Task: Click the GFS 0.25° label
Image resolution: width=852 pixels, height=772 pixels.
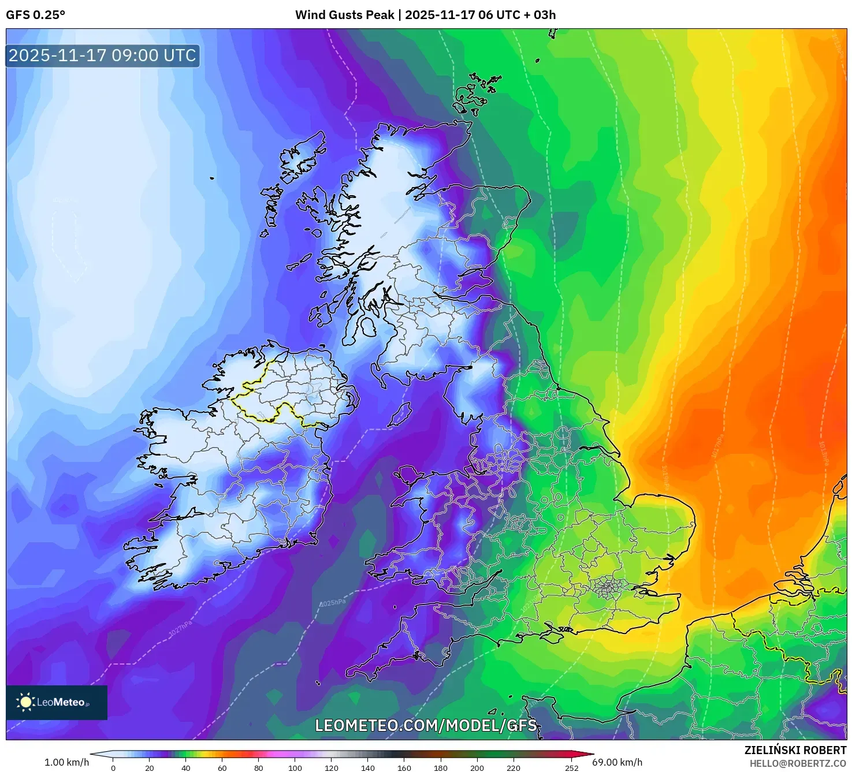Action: point(35,15)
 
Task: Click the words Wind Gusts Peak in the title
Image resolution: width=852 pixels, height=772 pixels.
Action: point(345,15)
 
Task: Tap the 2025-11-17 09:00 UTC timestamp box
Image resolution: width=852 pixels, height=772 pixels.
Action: point(103,56)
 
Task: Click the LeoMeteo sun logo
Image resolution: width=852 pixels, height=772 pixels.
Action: point(25,702)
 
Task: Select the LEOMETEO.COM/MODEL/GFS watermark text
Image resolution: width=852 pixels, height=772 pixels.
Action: point(426,725)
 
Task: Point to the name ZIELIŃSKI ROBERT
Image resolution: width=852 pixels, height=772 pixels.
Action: point(795,750)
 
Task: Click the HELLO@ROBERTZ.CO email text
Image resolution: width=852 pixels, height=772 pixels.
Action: point(798,763)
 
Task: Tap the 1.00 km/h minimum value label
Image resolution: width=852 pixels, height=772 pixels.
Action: point(66,762)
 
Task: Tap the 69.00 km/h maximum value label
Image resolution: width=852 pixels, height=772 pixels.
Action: point(617,762)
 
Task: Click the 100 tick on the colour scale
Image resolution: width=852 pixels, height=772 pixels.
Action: point(295,768)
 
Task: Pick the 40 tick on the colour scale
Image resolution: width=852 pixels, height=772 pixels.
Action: point(186,768)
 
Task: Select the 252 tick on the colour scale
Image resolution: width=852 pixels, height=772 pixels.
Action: point(571,768)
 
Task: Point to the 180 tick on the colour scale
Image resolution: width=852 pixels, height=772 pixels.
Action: point(441,768)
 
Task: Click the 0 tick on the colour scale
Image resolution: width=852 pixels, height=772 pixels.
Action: point(113,768)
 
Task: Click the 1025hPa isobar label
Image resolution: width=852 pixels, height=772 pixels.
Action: point(333,603)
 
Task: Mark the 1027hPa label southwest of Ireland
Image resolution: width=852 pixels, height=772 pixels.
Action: point(180,629)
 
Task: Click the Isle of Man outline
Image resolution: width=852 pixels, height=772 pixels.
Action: point(400,415)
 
